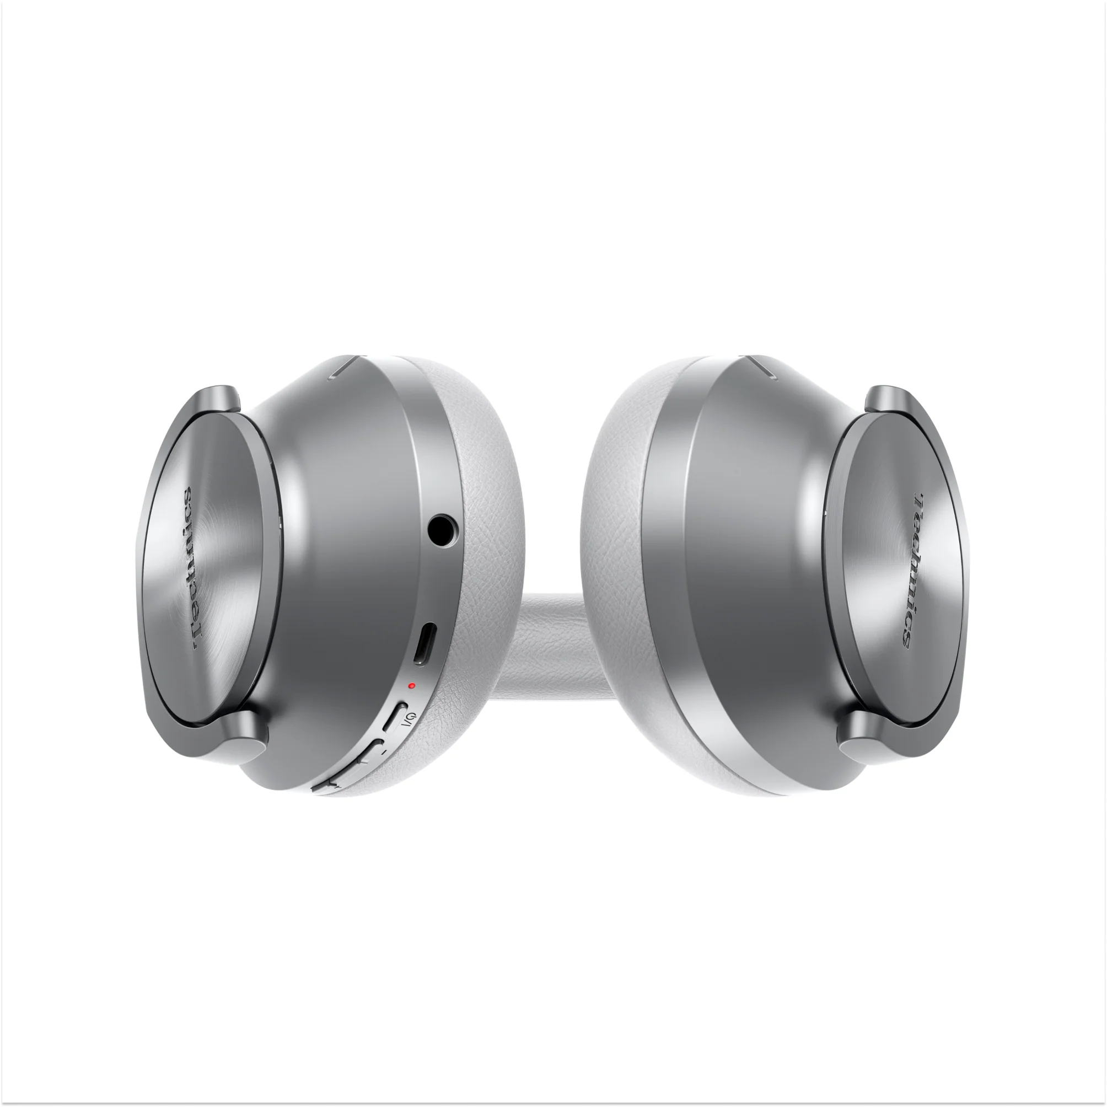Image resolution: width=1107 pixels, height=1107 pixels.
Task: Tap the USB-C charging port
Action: click(x=424, y=645)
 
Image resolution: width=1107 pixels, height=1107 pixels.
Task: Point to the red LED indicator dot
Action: click(x=411, y=685)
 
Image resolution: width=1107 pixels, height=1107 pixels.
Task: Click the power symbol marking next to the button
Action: click(x=408, y=724)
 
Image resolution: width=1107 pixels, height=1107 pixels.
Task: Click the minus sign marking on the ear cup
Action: click(x=384, y=751)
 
